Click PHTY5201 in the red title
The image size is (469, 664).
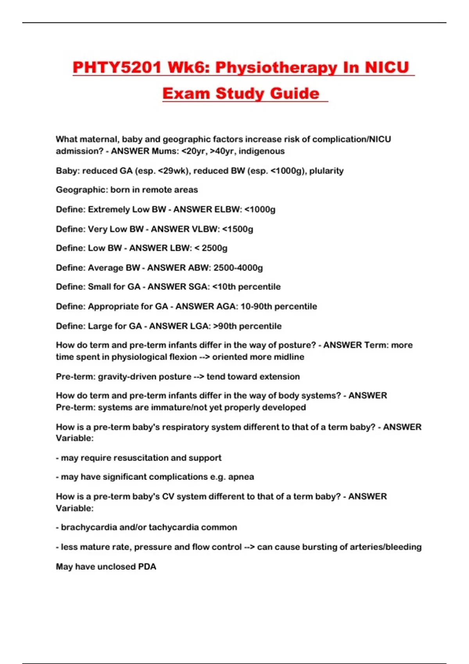pos(117,68)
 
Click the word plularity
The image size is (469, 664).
pos(326,171)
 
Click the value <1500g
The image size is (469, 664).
pos(238,229)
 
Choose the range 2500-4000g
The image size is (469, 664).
pos(238,268)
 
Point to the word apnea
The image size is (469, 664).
pos(241,477)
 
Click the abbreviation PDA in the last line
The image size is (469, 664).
pos(147,566)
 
